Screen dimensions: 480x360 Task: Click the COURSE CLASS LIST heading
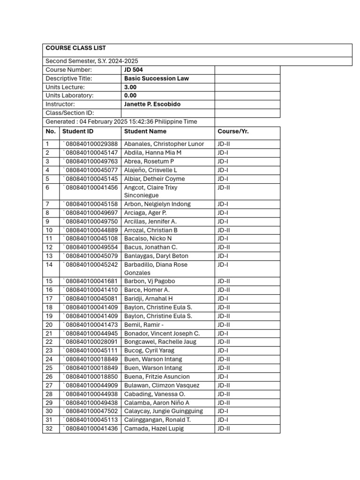coord(75,48)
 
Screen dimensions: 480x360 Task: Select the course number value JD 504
coord(133,70)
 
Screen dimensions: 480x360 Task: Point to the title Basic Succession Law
coord(156,78)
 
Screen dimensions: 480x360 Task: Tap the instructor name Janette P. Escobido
coord(152,104)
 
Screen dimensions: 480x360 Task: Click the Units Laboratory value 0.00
coord(130,96)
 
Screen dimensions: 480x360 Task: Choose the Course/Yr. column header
coord(233,131)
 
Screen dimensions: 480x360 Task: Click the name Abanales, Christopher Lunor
coord(164,144)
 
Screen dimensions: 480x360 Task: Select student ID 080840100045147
coord(91,152)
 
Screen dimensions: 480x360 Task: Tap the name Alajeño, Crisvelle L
coord(150,170)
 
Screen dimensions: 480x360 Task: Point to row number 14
coord(49,264)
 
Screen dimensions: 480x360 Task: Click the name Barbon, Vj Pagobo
coord(150,281)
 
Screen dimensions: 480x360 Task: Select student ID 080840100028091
coord(91,342)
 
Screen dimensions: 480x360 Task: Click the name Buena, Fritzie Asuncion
coord(157,376)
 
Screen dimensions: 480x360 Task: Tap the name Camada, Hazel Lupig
coord(154,428)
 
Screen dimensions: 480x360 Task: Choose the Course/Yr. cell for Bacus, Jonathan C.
coord(224,247)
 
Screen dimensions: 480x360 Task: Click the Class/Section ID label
coord(70,113)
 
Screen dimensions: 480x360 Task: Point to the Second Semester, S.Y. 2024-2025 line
coord(92,61)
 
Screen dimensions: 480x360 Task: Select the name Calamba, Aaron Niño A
coord(157,403)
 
